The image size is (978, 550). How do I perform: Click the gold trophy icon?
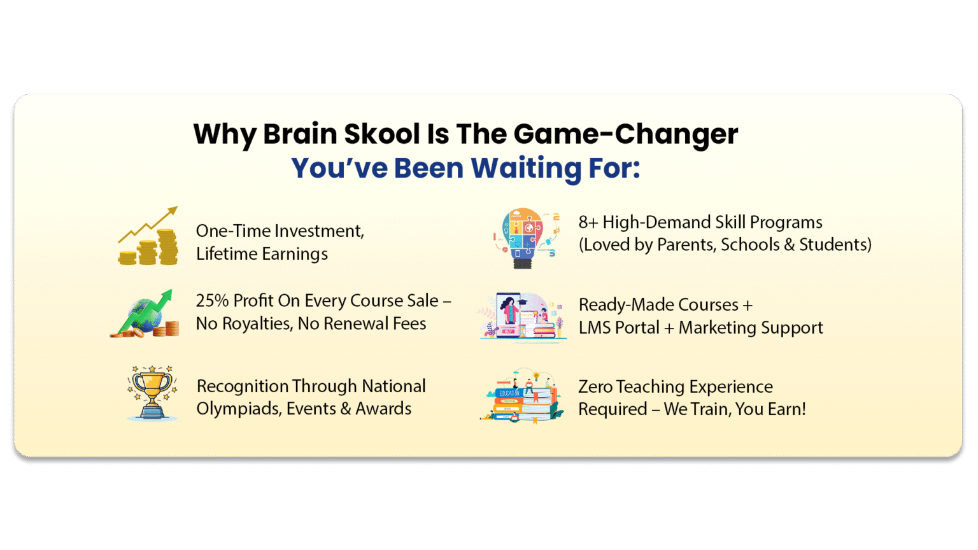pos(152,393)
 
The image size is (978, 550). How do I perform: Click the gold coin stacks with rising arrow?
pos(148,237)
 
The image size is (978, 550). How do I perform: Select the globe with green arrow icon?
pos(145,314)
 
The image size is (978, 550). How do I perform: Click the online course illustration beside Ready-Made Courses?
pos(522,316)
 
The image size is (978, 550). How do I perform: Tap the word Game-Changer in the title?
pos(625,134)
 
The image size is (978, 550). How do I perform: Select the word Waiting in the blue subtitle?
pos(526,169)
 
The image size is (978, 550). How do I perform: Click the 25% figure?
pos(212,300)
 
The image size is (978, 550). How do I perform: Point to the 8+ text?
pos(588,222)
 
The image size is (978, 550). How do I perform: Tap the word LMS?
pos(596,328)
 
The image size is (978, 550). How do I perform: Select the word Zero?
pos(595,386)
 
